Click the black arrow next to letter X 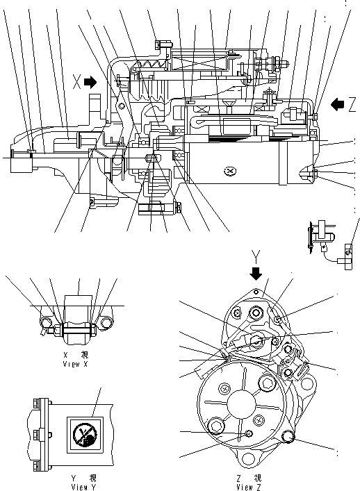click(90, 82)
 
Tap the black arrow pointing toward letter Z click(338, 104)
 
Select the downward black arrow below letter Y click(256, 272)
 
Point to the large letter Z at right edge click(353, 104)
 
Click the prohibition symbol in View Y click(85, 436)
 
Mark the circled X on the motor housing click(230, 171)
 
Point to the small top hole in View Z click(256, 292)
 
